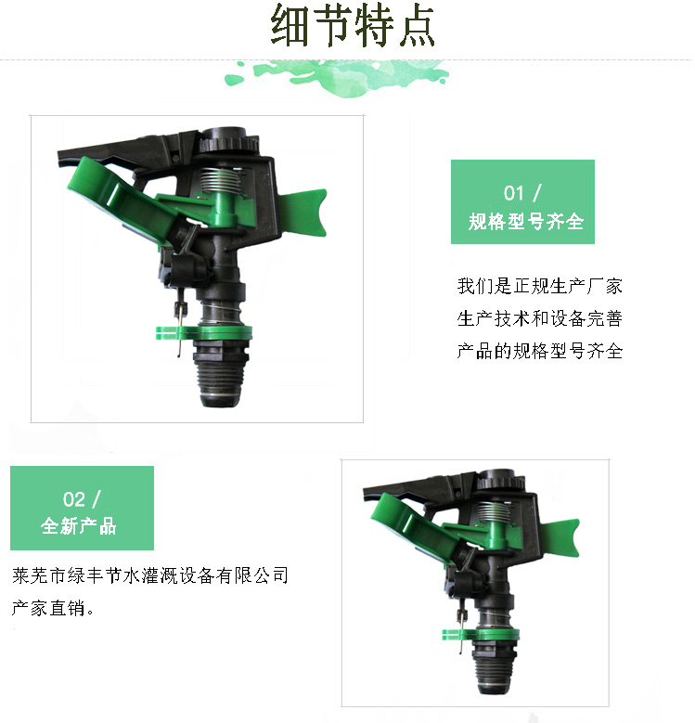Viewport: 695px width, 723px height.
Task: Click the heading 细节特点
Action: click(353, 25)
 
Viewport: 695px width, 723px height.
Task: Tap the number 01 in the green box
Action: click(513, 193)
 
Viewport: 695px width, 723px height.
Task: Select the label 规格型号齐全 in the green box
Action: click(526, 222)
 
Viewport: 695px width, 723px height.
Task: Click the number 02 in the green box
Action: click(73, 499)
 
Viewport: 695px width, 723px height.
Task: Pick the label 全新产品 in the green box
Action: click(78, 526)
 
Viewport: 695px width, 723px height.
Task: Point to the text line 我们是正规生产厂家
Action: click(540, 287)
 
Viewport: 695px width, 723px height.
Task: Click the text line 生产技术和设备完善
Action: click(540, 318)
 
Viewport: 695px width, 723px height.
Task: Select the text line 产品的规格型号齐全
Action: click(540, 351)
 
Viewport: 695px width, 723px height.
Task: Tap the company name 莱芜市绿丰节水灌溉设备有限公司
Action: click(150, 575)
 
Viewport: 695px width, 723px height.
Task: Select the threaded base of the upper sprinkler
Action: click(220, 373)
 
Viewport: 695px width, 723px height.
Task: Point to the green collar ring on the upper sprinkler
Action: click(204, 332)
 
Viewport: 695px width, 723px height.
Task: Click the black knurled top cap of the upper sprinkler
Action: click(229, 139)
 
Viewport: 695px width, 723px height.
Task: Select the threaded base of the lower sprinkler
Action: click(493, 667)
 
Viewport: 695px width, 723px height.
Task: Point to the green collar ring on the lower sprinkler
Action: click(481, 635)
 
